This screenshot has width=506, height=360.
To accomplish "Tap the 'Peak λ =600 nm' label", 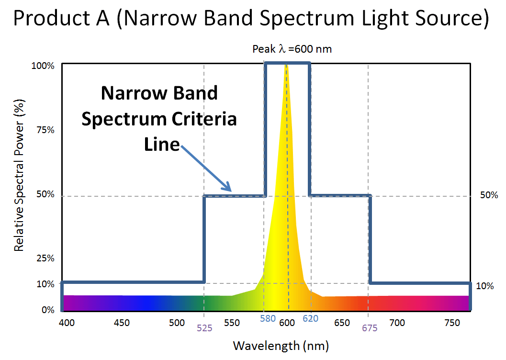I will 292,49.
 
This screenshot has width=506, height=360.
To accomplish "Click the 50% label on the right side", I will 489,195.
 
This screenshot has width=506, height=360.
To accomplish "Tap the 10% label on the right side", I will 484,286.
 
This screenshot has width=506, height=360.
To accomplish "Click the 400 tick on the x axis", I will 67,323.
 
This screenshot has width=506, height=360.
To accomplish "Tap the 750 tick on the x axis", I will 452,323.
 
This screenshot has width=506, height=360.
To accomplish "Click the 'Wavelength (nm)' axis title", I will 281,345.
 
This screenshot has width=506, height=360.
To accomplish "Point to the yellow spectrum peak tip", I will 287,66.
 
